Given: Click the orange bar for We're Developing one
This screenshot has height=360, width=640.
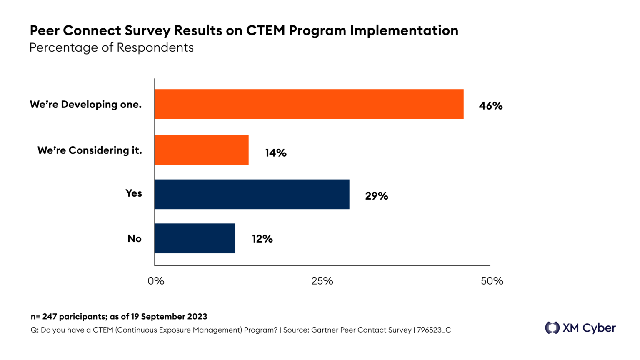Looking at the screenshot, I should click(309, 104).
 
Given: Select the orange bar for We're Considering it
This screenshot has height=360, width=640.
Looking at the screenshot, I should click(202, 150).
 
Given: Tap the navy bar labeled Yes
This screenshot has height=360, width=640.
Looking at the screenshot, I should click(252, 194).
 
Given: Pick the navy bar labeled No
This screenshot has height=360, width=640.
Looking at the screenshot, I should click(195, 238).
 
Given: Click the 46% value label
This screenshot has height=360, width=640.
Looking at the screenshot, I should click(490, 106).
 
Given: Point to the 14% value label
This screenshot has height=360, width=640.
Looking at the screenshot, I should click(276, 153).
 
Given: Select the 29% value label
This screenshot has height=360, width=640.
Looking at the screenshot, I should click(377, 196).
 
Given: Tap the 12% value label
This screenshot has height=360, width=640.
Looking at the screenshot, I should click(262, 239).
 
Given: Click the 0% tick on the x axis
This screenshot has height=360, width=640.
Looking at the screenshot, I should click(156, 281).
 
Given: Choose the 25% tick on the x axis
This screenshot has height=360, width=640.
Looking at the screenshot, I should click(322, 281).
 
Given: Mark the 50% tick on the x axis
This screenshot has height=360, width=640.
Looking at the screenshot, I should click(492, 281).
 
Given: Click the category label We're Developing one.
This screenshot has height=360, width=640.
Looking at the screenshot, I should click(86, 105).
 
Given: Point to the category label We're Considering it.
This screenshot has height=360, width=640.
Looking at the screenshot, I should click(90, 150).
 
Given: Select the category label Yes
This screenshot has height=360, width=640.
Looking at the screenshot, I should click(134, 193).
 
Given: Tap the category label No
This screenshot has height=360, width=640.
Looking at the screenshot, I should click(134, 239).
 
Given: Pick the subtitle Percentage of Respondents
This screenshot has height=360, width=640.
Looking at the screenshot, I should click(111, 47).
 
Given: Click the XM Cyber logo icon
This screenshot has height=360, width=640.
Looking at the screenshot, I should click(552, 328).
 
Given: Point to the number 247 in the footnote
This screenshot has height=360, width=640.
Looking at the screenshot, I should click(49, 317).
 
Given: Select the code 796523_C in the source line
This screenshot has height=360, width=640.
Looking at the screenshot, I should click(434, 330).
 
